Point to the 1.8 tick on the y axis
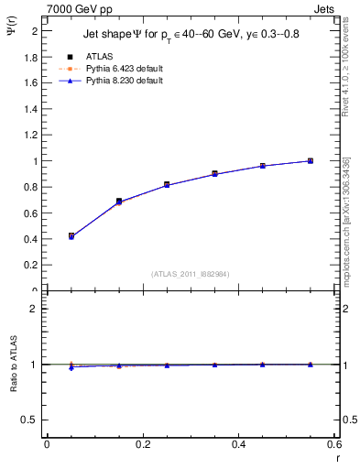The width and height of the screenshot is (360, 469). (32, 57)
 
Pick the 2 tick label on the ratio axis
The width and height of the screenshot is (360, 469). (34, 309)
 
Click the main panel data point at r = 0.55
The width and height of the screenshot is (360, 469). (311, 160)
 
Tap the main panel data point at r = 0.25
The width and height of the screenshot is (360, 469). (167, 184)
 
